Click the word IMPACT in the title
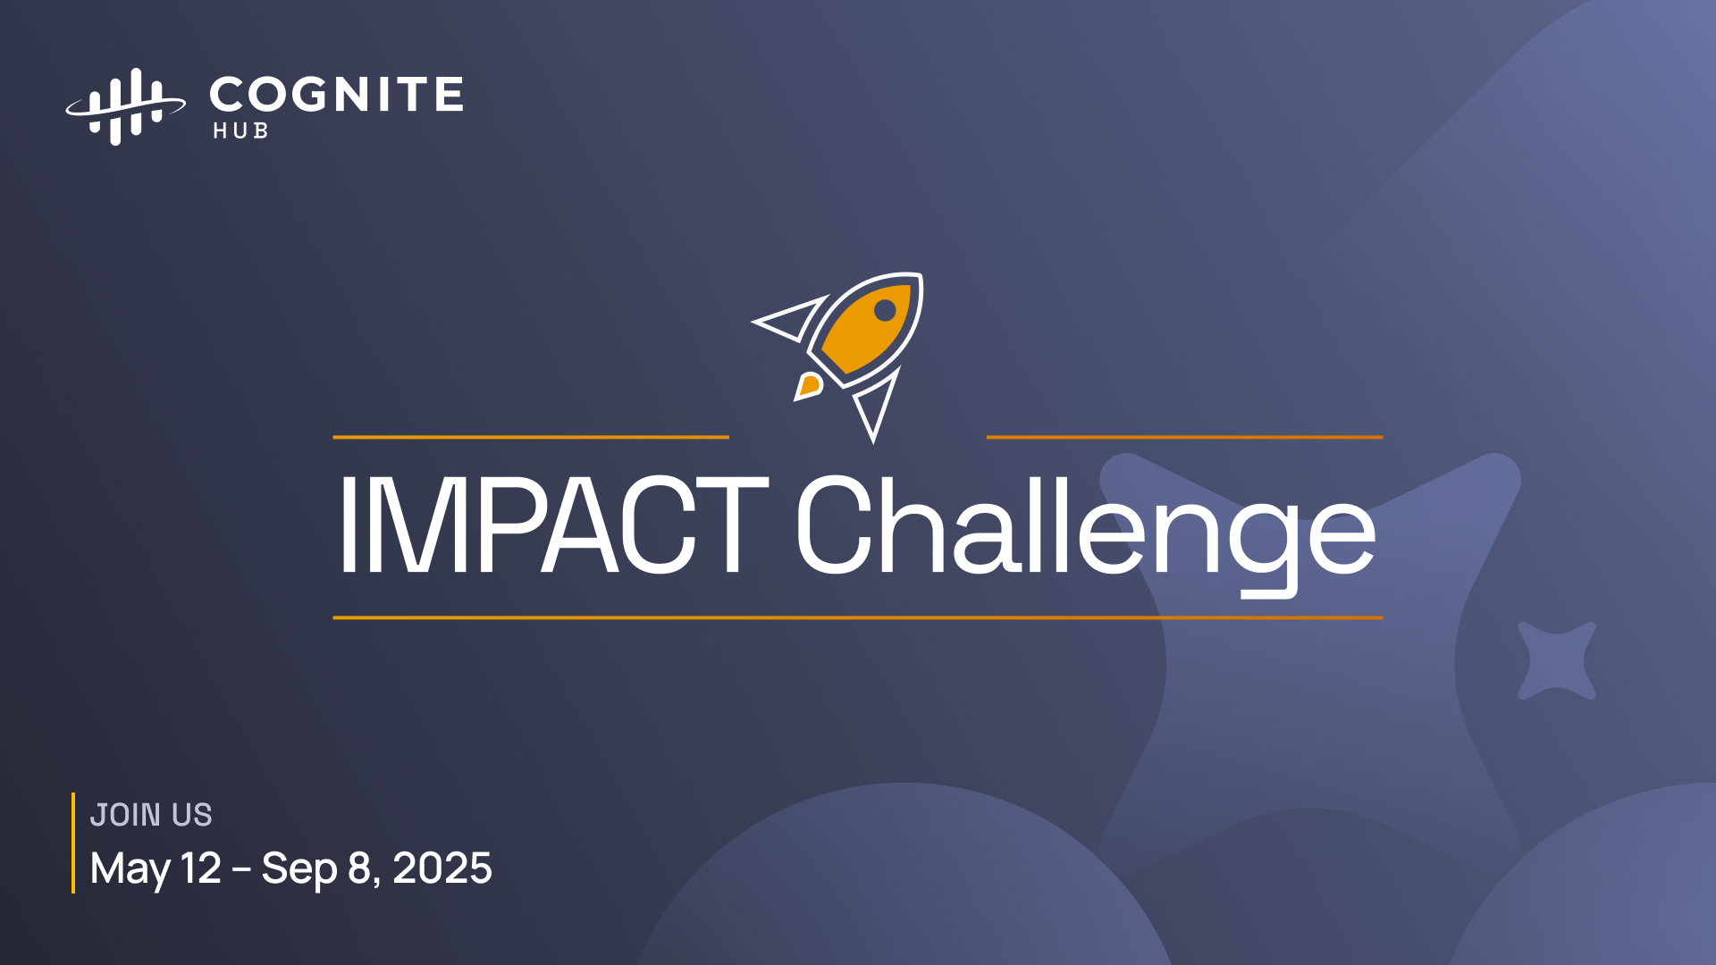click(553, 524)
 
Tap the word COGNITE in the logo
click(336, 95)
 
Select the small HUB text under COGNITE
click(240, 130)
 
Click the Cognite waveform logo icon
click(125, 106)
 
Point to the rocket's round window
click(885, 310)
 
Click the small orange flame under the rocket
click(808, 386)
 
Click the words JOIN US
click(151, 815)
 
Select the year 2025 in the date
click(442, 868)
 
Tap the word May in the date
click(130, 869)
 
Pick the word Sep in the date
click(299, 869)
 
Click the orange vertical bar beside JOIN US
click(73, 843)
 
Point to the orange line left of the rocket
click(531, 437)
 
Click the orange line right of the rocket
click(1184, 437)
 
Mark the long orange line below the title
click(858, 617)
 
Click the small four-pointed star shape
click(1557, 661)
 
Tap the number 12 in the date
click(201, 868)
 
